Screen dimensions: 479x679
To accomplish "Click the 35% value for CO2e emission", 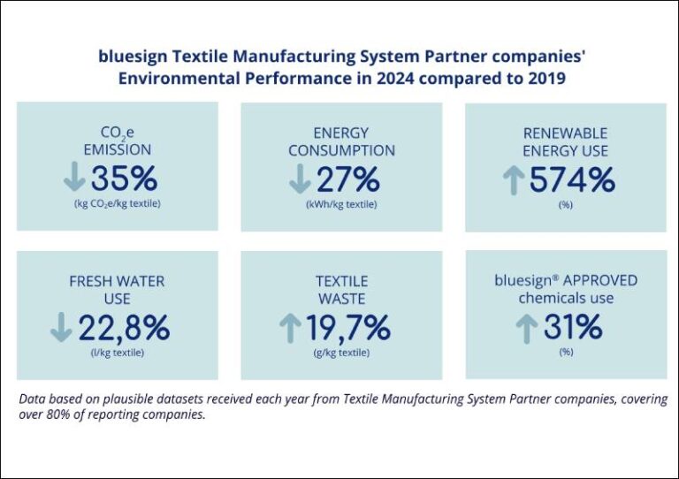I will coord(124,179).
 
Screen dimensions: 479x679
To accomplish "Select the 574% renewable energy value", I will coord(572,180).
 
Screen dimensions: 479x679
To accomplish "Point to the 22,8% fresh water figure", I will coord(124,328).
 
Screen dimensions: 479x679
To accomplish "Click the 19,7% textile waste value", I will coord(348,328).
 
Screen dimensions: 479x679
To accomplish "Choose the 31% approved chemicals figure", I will coord(573,327).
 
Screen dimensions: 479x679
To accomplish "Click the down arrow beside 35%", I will coord(74,179).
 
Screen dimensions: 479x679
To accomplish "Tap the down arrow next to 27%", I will coord(300,179).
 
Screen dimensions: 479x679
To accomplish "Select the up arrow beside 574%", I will coord(513,181).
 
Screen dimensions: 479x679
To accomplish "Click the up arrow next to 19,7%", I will coord(290,329).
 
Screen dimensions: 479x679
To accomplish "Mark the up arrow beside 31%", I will coord(526,328).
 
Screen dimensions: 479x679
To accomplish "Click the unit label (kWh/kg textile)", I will coord(340,205).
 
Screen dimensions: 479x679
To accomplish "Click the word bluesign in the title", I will coord(131,57).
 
